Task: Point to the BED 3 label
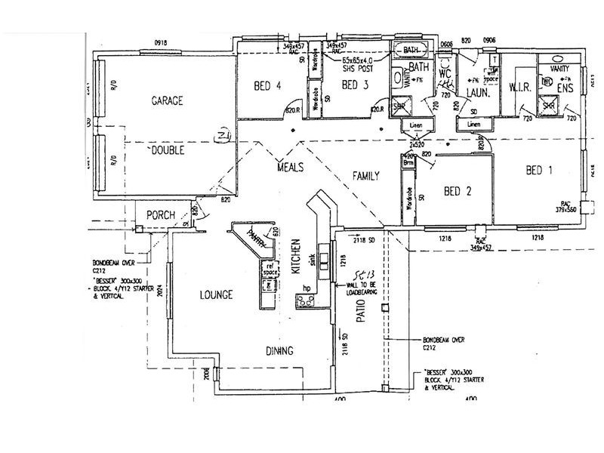tap(354, 85)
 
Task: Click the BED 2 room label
tap(458, 192)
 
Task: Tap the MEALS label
tap(291, 166)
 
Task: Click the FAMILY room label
tap(365, 176)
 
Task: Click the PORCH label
tap(161, 215)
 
